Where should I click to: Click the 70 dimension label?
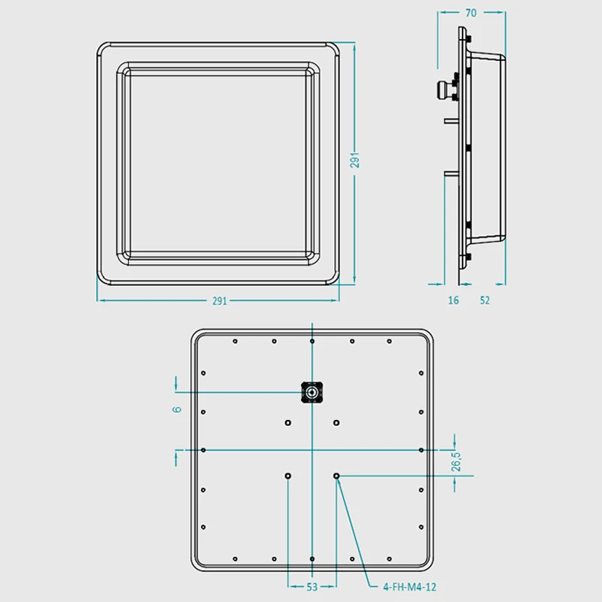click(471, 13)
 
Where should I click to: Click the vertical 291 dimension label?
click(354, 160)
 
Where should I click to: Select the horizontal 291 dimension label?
click(220, 301)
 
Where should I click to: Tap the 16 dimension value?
click(454, 300)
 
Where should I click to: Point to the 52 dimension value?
click(485, 300)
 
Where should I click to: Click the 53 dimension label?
click(312, 587)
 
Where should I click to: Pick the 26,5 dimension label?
click(456, 461)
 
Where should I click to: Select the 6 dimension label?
click(177, 409)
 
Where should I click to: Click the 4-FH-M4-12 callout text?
click(409, 587)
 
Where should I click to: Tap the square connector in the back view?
click(312, 392)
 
